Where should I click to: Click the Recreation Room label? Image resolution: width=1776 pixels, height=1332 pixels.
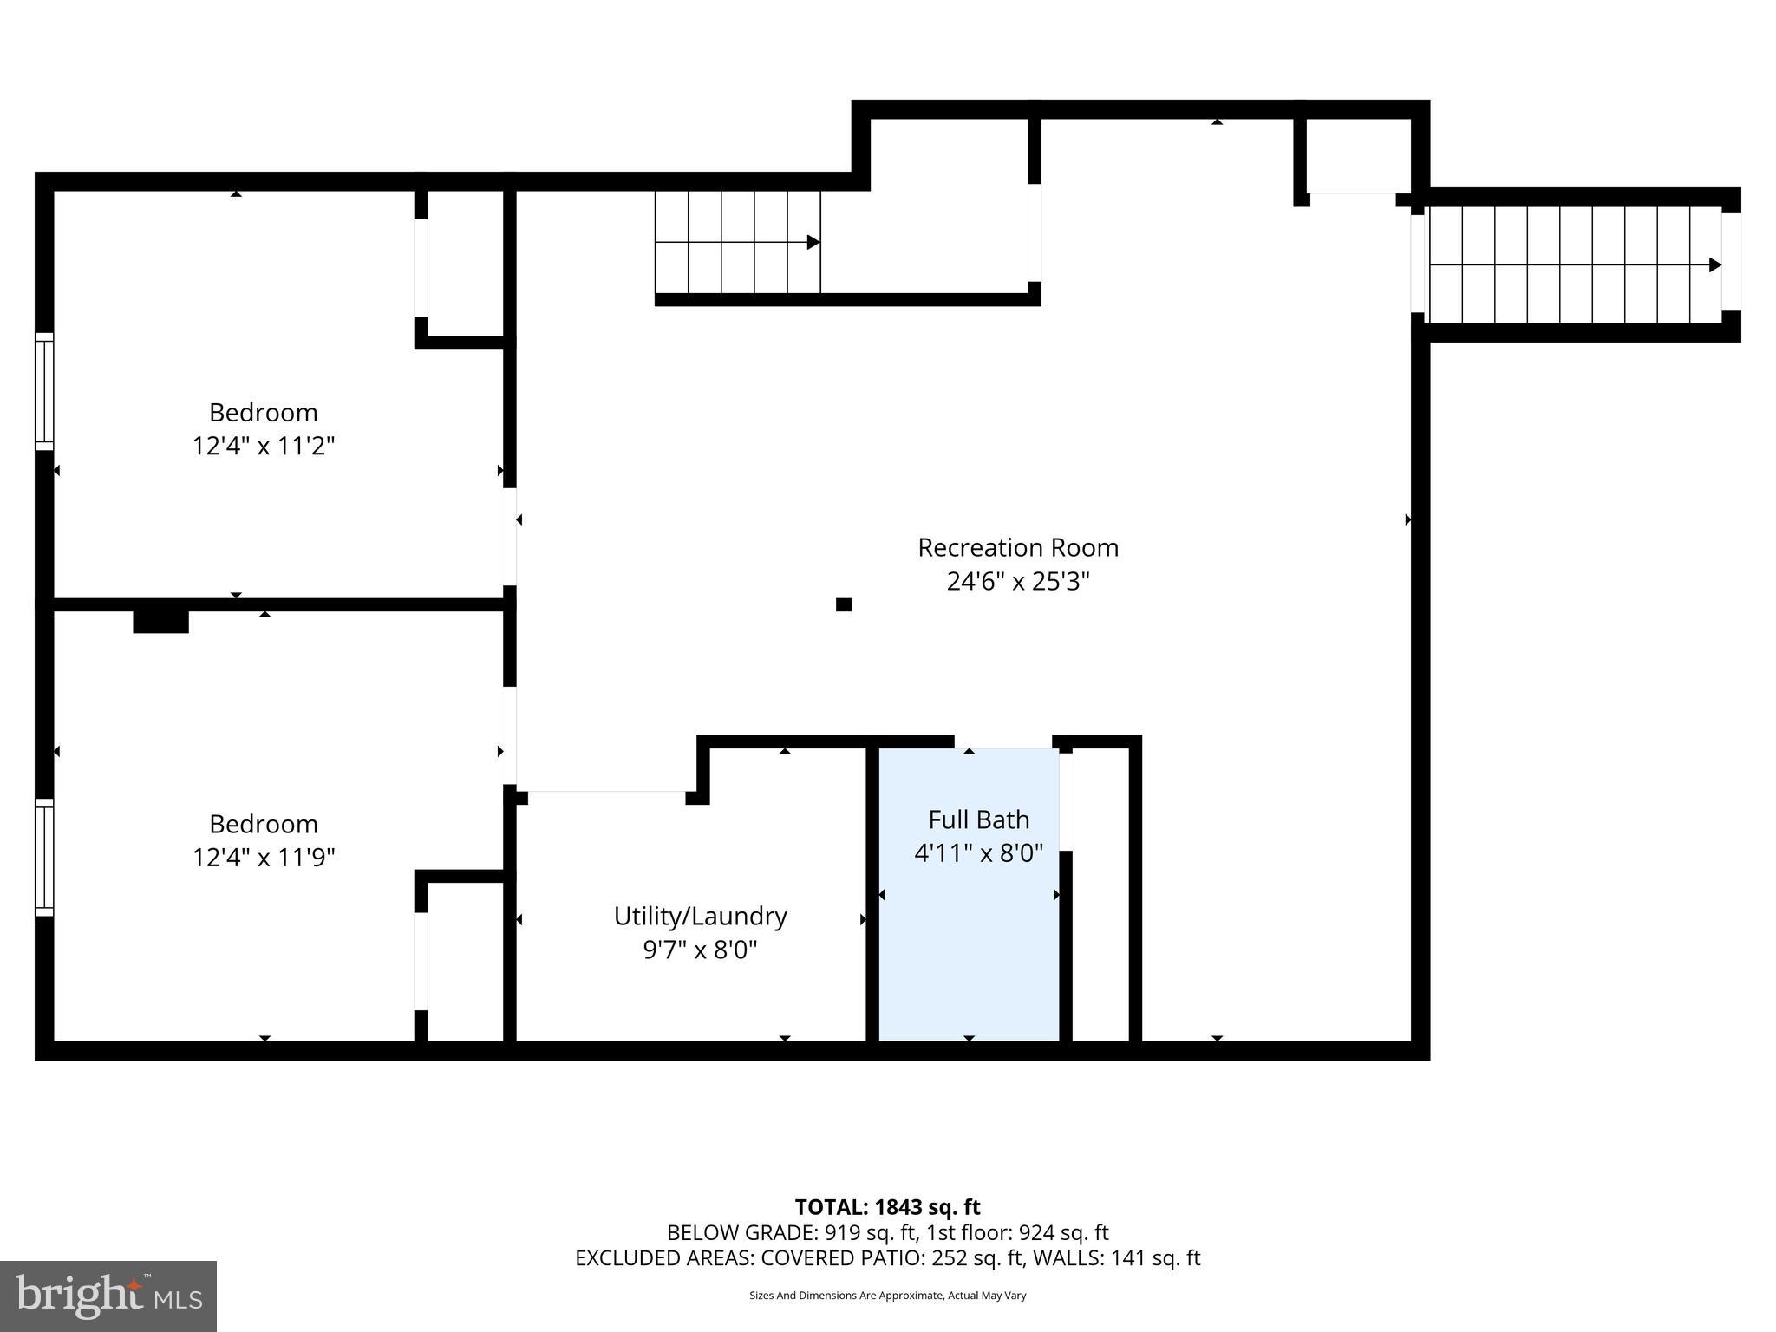pyautogui.click(x=1017, y=548)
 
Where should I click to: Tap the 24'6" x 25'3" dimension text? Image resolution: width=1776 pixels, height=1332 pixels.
pyautogui.click(x=1017, y=582)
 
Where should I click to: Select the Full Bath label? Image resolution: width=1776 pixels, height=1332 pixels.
pyautogui.click(x=978, y=819)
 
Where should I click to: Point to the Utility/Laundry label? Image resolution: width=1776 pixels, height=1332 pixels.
pyautogui.click(x=700, y=917)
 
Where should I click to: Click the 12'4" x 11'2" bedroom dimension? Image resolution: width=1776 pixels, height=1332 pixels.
pyautogui.click(x=263, y=447)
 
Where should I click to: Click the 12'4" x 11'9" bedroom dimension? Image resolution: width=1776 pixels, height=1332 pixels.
pyautogui.click(x=263, y=858)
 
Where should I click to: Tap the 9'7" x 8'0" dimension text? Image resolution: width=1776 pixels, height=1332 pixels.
pyautogui.click(x=700, y=950)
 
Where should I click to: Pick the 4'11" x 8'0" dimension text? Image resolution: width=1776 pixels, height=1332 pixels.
pyautogui.click(x=978, y=853)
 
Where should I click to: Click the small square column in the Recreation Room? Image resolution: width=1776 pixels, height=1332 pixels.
pyautogui.click(x=843, y=604)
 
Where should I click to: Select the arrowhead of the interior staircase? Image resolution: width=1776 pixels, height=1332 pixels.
pyautogui.click(x=813, y=242)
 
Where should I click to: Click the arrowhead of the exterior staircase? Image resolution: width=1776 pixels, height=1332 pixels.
pyautogui.click(x=1714, y=264)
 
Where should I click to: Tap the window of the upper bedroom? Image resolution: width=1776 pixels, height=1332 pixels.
pyautogui.click(x=44, y=391)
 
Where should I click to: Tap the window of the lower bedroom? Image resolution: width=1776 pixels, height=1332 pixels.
pyautogui.click(x=44, y=857)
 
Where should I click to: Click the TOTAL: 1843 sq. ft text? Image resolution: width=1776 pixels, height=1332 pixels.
pyautogui.click(x=887, y=1207)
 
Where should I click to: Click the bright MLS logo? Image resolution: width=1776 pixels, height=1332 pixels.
pyautogui.click(x=108, y=1296)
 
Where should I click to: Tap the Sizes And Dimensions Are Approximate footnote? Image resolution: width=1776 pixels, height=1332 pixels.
pyautogui.click(x=887, y=1296)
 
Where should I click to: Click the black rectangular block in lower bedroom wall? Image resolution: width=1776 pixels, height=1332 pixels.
pyautogui.click(x=160, y=621)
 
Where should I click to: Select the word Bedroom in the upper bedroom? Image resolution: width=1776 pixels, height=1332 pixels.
pyautogui.click(x=263, y=413)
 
